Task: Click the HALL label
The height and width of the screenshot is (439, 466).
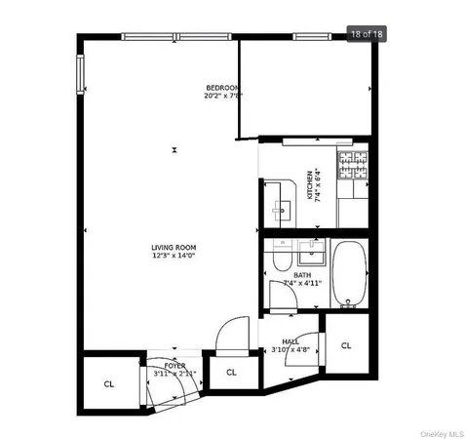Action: tap(291, 341)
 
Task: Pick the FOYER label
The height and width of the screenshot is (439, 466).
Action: tap(175, 365)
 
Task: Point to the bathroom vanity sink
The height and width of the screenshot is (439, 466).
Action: tap(312, 255)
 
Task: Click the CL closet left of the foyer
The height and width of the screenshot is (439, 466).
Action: tap(109, 383)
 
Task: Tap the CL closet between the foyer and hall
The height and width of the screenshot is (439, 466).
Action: tap(232, 373)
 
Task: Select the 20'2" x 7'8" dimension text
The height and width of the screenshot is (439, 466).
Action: tap(222, 96)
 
